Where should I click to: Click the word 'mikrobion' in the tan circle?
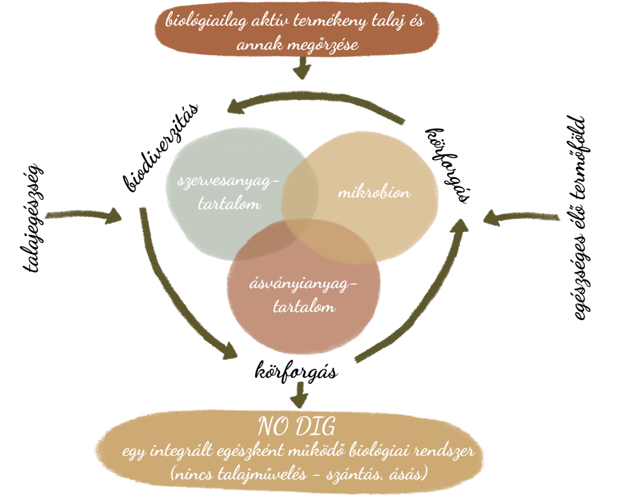(x=374, y=193)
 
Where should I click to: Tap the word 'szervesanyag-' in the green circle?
(x=228, y=182)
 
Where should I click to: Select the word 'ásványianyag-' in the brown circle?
(x=303, y=285)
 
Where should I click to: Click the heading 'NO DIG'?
(x=296, y=427)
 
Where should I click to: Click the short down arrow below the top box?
(x=303, y=69)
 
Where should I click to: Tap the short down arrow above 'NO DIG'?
(x=299, y=395)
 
